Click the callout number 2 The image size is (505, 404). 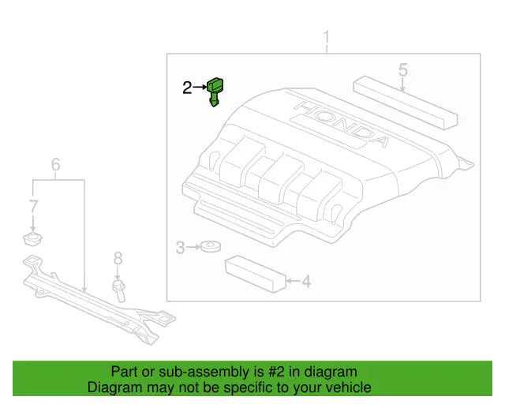click(187, 88)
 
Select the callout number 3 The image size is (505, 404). click(180, 249)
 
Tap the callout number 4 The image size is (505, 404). click(306, 280)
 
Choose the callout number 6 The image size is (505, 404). click(56, 165)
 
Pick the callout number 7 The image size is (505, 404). click(33, 208)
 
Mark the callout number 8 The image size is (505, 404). click(118, 258)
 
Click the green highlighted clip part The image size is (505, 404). click(215, 91)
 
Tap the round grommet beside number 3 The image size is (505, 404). click(209, 249)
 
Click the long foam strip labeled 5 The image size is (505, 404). click(404, 99)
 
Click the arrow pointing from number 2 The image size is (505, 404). click(200, 88)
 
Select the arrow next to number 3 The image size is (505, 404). click(192, 249)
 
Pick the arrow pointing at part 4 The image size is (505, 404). click(291, 280)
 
